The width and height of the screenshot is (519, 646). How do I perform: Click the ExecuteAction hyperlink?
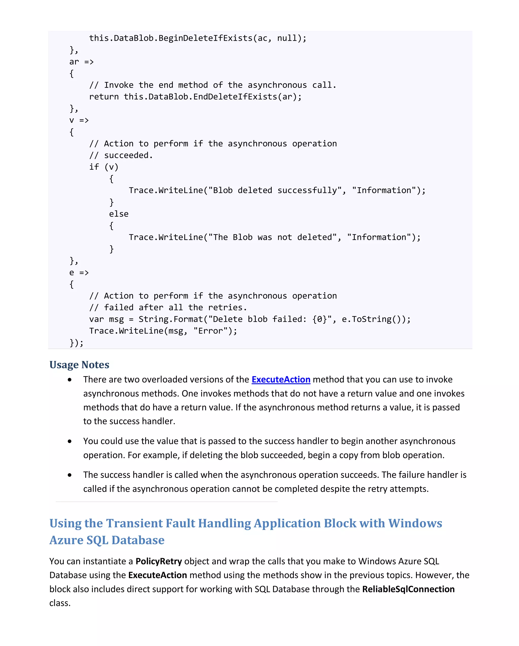pyautogui.click(x=281, y=380)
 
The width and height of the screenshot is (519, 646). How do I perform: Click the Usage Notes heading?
pyautogui.click(x=79, y=365)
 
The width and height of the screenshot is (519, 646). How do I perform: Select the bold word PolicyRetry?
pyautogui.click(x=159, y=561)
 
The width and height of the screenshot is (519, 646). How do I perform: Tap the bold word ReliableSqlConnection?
pyautogui.click(x=408, y=589)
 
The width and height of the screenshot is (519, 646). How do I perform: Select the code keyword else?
pyautogui.click(x=119, y=214)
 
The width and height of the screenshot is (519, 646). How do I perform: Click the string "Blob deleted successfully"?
pyautogui.click(x=275, y=190)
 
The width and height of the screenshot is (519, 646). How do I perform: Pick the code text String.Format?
pyautogui.click(x=171, y=319)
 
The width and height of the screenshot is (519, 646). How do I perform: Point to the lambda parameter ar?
pyautogui.click(x=74, y=62)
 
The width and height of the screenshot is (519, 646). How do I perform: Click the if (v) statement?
pyautogui.click(x=104, y=167)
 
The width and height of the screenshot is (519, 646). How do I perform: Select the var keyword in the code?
pyautogui.click(x=96, y=319)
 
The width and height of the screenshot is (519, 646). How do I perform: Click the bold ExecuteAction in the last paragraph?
pyautogui.click(x=158, y=575)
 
